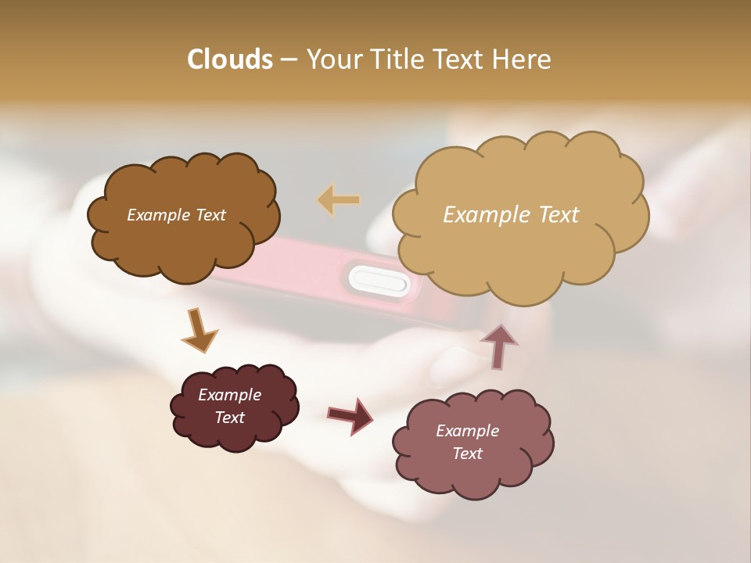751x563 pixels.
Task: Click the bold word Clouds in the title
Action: [229, 59]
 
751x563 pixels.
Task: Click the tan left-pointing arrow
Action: [339, 199]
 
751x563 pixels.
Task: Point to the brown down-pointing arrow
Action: [199, 329]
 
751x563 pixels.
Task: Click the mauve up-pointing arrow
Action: [499, 345]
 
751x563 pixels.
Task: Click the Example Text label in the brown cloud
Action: [176, 215]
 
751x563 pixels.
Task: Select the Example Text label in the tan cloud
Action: [511, 215]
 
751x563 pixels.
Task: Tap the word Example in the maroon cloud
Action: [229, 395]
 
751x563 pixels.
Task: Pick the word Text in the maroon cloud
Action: [229, 418]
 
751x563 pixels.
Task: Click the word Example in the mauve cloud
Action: [467, 431]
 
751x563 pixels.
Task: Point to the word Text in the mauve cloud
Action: [467, 454]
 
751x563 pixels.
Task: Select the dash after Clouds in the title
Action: [288, 60]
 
